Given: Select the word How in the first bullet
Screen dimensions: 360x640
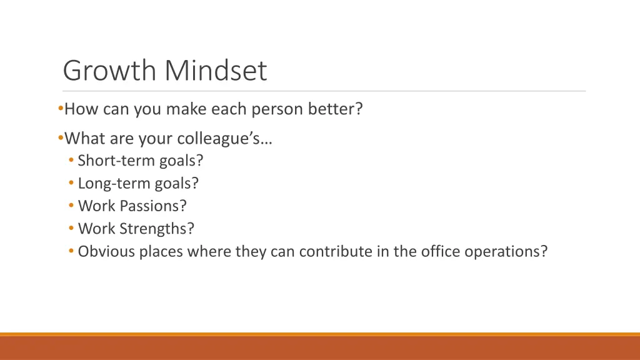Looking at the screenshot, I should click(x=78, y=109).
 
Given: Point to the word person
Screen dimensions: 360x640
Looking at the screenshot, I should click(x=277, y=109).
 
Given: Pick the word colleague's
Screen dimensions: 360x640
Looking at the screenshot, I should click(x=224, y=138).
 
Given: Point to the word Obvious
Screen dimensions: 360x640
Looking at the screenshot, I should click(x=103, y=251).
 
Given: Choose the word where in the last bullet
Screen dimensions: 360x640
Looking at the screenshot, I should click(x=211, y=251).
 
